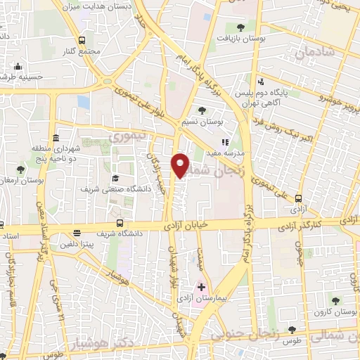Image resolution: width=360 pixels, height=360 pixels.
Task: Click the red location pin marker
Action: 181,165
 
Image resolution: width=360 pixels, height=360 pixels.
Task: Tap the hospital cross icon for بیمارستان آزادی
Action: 201,287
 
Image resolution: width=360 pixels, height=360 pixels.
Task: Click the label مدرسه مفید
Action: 229,153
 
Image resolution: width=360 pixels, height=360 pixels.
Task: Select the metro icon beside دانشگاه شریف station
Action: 77,233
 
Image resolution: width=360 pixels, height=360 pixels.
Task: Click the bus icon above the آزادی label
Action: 300,198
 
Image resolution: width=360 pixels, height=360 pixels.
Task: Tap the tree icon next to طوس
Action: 292,330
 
